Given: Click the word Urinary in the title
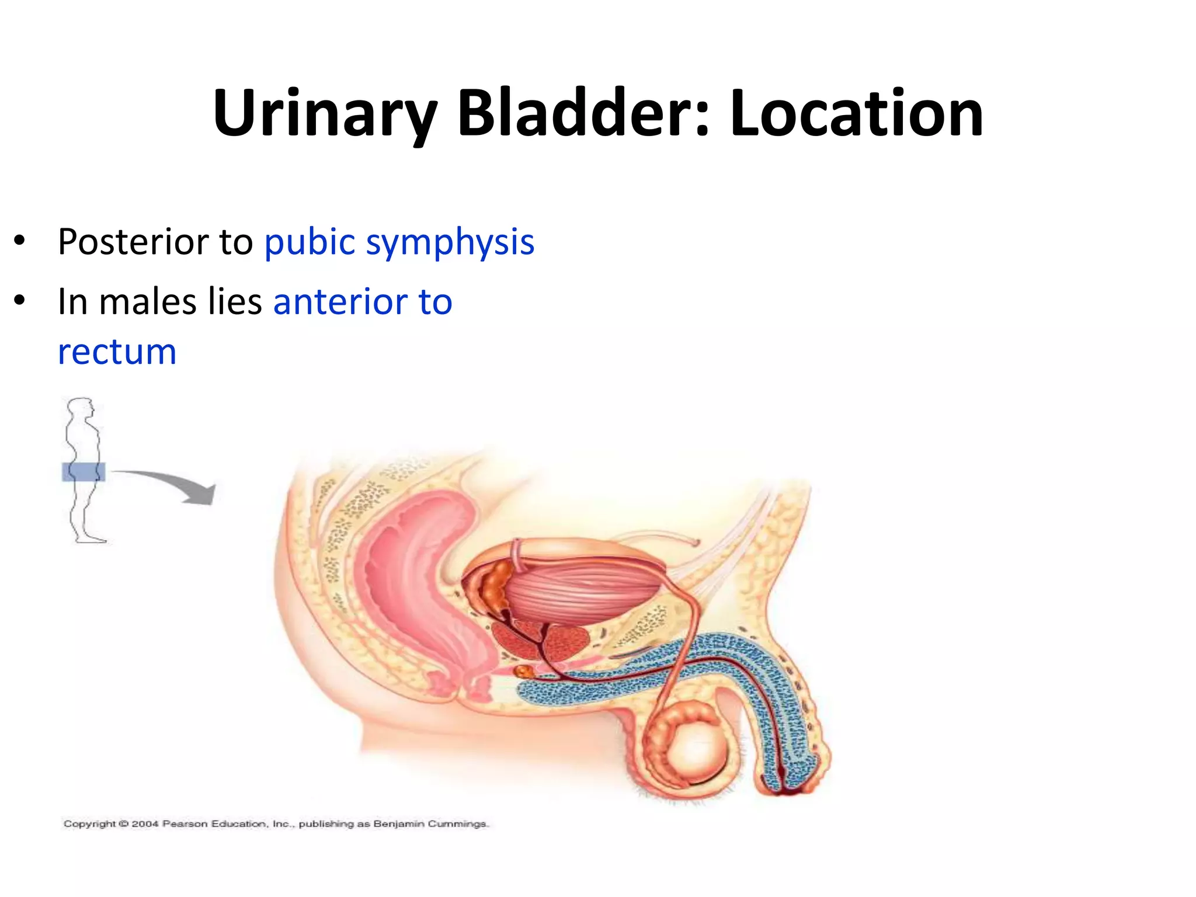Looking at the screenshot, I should [325, 114].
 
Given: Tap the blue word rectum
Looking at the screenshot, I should [117, 352].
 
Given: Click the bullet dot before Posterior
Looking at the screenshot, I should [20, 241].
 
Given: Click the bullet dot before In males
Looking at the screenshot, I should [20, 301].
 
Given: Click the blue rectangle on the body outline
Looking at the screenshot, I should [84, 471].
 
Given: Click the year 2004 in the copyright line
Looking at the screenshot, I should [145, 824].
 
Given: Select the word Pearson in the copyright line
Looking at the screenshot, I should [185, 824].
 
